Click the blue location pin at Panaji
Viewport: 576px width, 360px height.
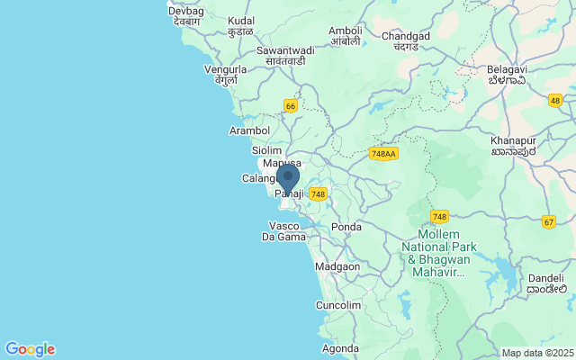tap(288, 177)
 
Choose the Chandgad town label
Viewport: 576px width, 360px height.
tap(406, 42)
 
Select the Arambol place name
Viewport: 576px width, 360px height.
tap(250, 130)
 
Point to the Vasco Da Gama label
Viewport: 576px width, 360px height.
tap(284, 230)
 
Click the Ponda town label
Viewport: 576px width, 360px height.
tap(346, 227)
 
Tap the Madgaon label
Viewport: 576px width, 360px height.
tap(337, 266)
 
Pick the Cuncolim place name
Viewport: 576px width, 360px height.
tap(338, 306)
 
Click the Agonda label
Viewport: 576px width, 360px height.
tap(340, 348)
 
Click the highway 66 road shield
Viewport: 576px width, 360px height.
tap(290, 105)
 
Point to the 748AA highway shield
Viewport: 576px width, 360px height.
tap(382, 154)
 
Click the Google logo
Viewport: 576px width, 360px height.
tap(30, 349)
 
